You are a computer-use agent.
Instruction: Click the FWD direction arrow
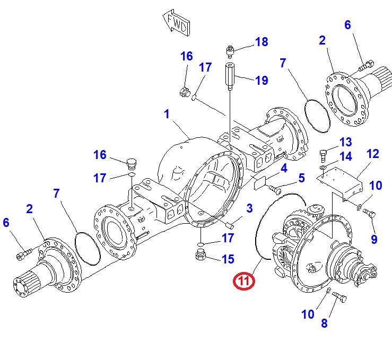click(177, 23)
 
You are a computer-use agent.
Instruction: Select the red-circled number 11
click(244, 281)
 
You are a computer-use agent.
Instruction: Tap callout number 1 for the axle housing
click(167, 114)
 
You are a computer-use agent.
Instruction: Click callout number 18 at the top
click(262, 42)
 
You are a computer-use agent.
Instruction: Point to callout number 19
click(262, 81)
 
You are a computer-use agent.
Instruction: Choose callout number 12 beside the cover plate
click(373, 154)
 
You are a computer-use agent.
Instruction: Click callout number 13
click(346, 142)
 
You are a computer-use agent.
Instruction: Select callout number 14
click(346, 156)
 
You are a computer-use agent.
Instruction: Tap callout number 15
click(228, 259)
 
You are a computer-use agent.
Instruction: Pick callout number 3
click(249, 208)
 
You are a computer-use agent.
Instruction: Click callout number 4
click(284, 169)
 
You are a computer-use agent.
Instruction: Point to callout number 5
click(302, 178)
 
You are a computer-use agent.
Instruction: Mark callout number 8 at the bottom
click(324, 323)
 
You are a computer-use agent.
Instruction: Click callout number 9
click(374, 239)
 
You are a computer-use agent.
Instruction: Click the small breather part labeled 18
click(230, 52)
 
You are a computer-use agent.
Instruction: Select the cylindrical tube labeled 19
click(230, 76)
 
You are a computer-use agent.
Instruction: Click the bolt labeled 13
click(323, 156)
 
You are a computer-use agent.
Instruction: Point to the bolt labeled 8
click(339, 297)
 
